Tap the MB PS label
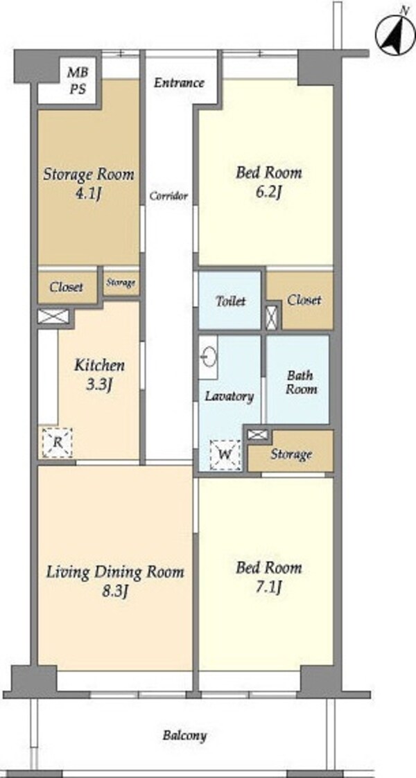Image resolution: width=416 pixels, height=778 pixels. coord(78,80)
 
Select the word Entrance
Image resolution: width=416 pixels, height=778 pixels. coord(179,82)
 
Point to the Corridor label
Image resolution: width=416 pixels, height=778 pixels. coord(168,196)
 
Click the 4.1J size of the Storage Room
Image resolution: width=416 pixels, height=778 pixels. coord(88,194)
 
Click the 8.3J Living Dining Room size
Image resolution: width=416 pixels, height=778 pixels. coord(115,591)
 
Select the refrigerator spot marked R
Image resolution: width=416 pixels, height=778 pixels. coord(57,442)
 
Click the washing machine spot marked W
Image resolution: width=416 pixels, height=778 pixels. coord(225,455)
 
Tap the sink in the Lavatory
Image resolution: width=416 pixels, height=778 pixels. coord(209,357)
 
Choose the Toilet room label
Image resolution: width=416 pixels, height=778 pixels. coord(230,301)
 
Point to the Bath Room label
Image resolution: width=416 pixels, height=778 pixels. coord(301,382)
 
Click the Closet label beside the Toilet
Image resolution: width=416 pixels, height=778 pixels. coord(304,300)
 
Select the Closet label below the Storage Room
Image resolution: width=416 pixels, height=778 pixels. coord(66,288)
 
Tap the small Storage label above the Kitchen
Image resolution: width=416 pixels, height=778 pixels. coord(121,283)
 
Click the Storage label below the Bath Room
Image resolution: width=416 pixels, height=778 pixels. coord(291,454)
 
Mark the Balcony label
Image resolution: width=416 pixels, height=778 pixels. coord(184,735)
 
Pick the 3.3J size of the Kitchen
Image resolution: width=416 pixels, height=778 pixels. coord(98,385)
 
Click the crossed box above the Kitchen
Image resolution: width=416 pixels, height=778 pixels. coord(53,317)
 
